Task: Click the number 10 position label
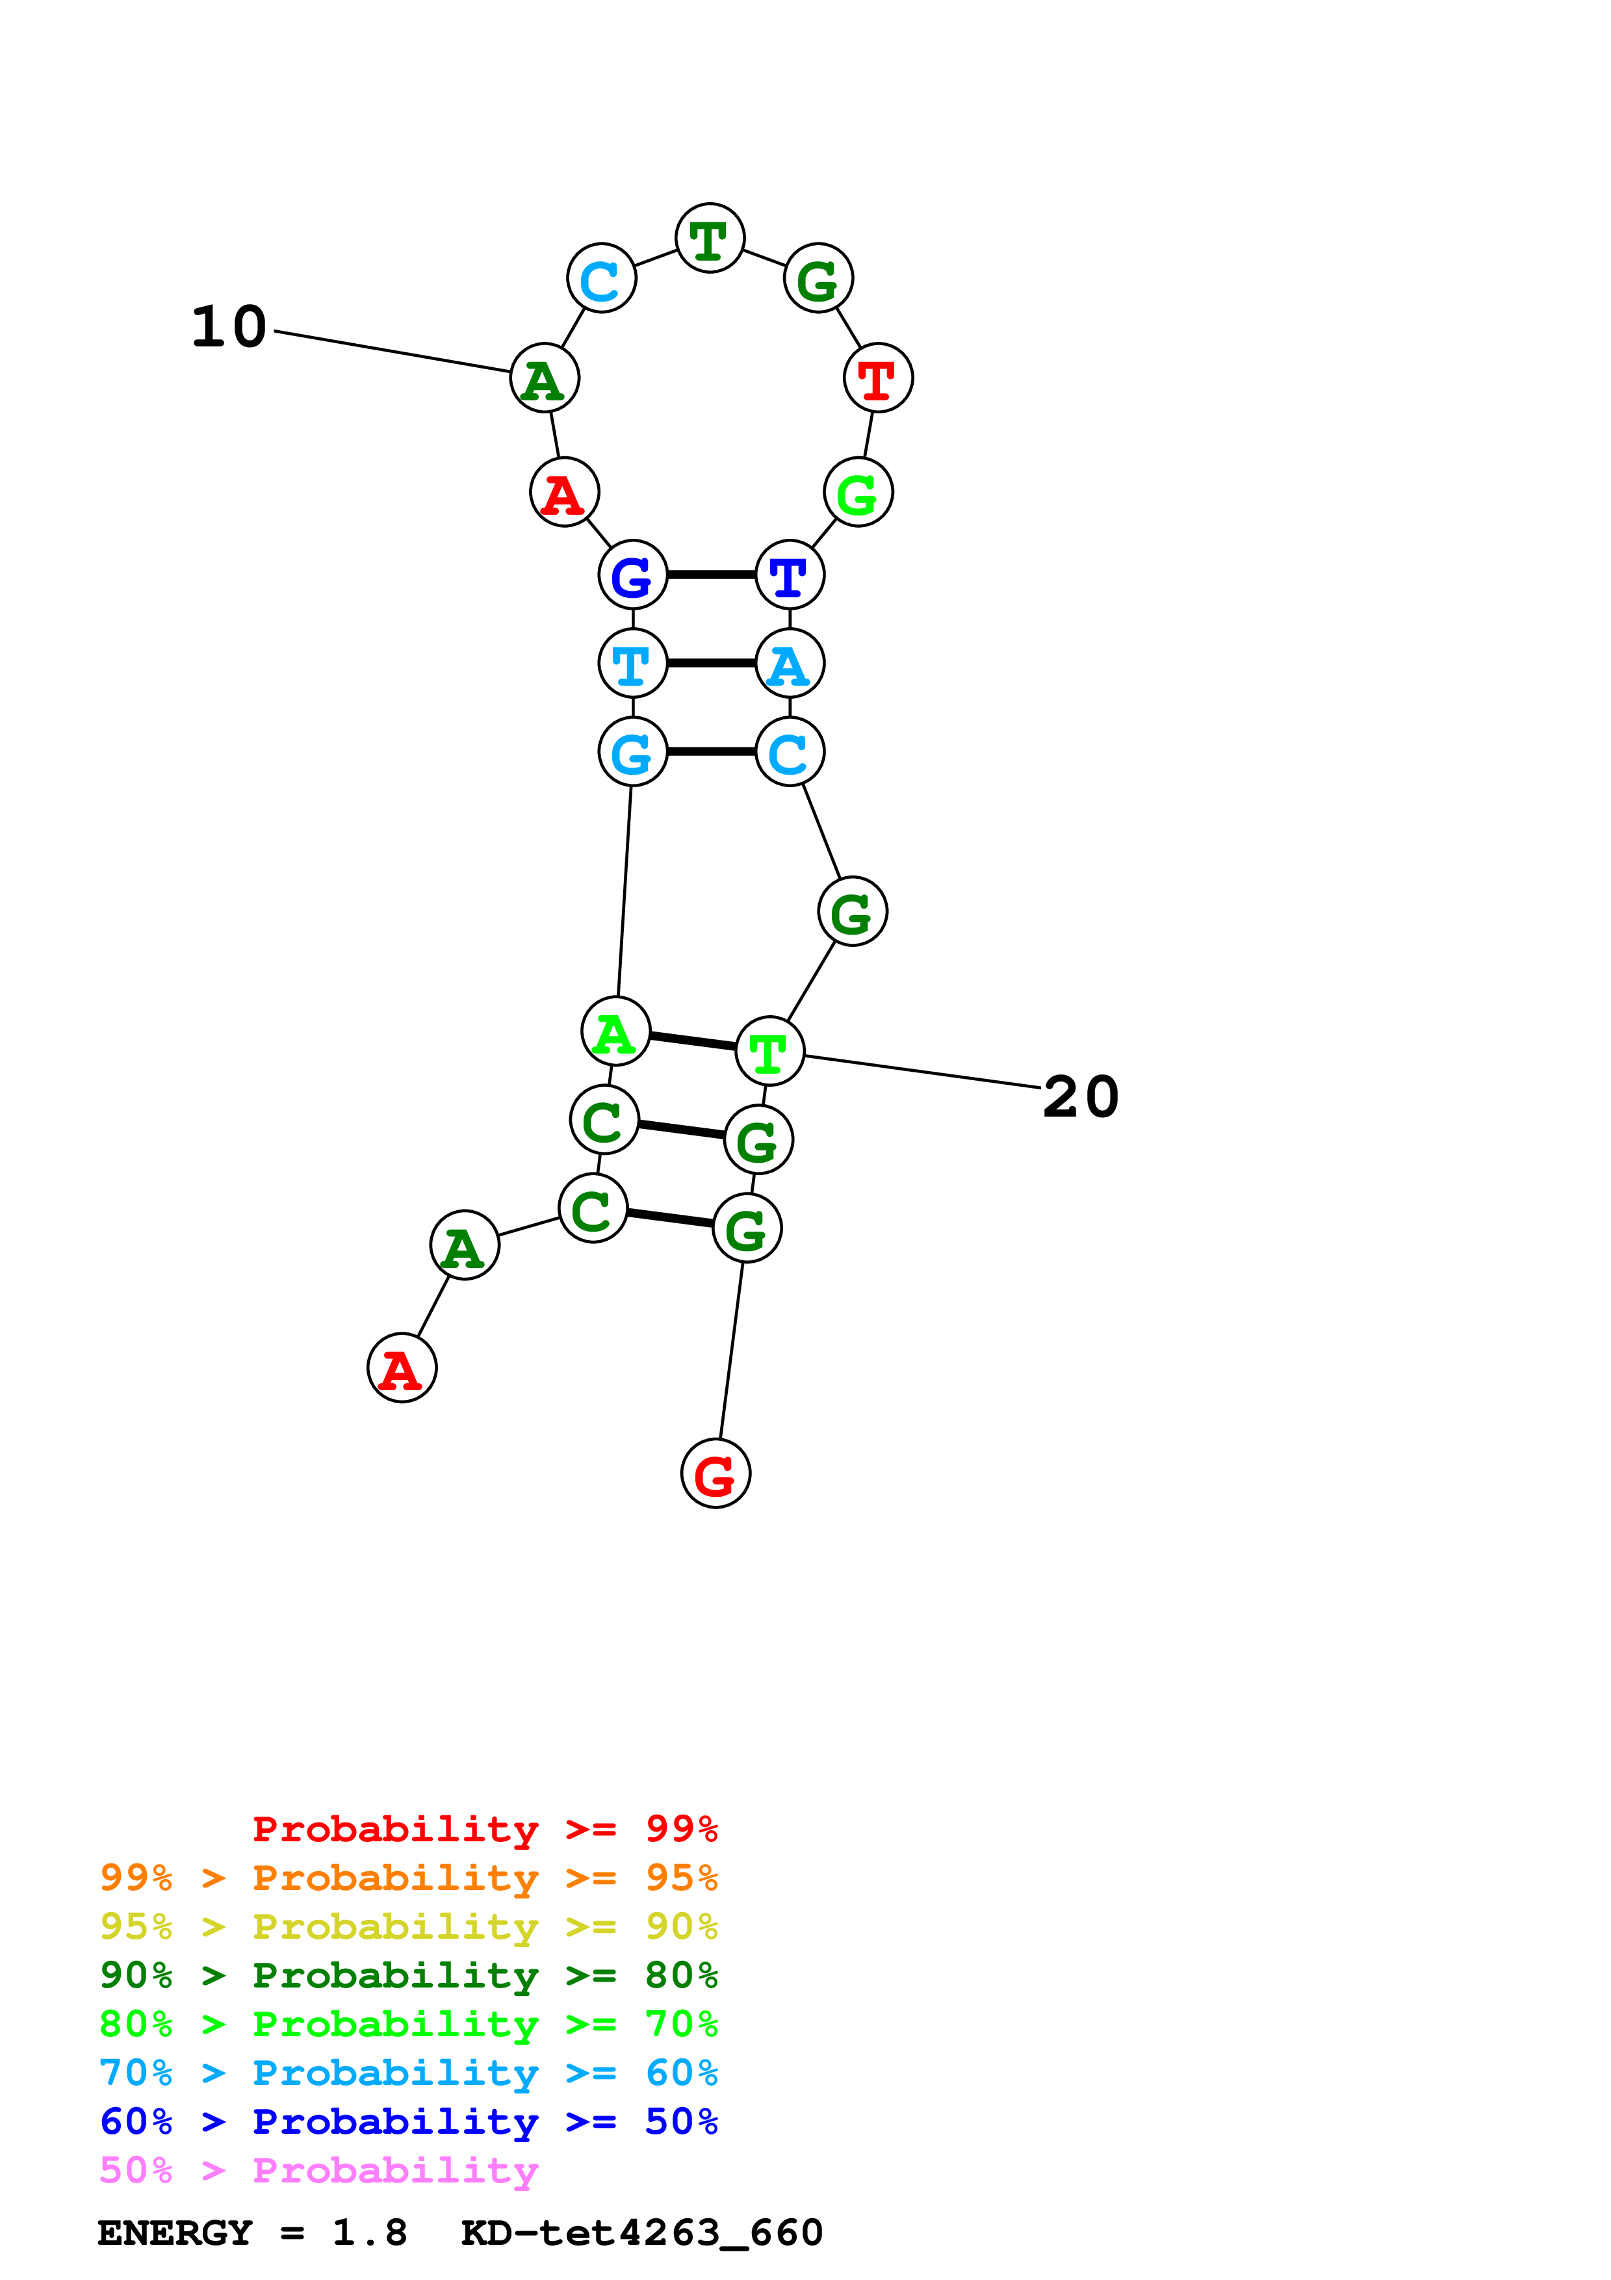(229, 327)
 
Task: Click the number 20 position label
(1080, 1097)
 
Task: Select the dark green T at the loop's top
(710, 239)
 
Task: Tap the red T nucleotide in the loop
(877, 378)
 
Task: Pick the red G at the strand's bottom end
(715, 1473)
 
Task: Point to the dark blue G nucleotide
(632, 575)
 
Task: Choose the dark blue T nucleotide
(789, 575)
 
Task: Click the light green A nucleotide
(615, 1031)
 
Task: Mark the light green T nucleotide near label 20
(769, 1052)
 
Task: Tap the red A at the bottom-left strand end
(402, 1367)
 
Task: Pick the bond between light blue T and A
(711, 662)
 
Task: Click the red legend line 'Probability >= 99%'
(484, 1829)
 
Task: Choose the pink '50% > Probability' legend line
(318, 2170)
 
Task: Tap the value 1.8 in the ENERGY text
(369, 2233)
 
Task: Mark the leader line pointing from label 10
(392, 352)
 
